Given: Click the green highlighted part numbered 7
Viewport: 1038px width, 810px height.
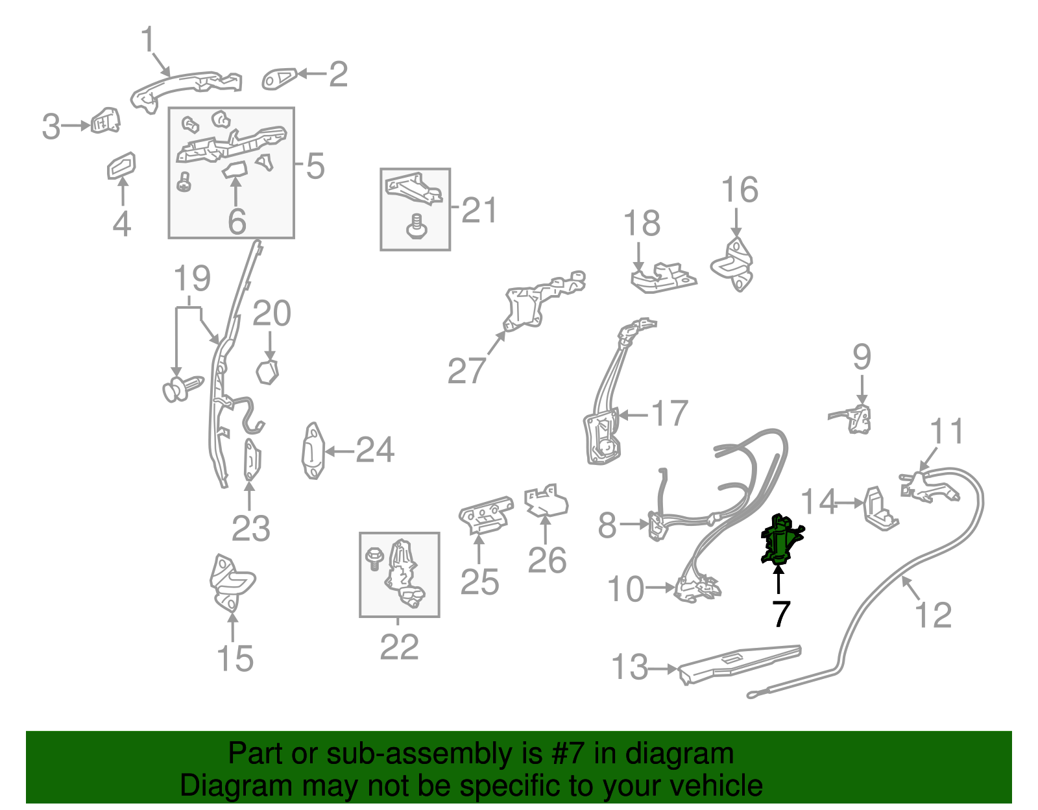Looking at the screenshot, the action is point(781,540).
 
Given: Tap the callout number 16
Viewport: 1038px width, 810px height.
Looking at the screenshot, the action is point(740,189).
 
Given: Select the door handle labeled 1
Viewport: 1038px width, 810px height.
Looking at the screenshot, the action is point(186,91).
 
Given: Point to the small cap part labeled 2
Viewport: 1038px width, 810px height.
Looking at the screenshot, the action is point(279,78).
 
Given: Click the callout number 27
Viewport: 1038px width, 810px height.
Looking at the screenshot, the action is point(466,371).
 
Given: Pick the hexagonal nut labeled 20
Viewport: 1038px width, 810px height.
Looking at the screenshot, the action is point(267,372).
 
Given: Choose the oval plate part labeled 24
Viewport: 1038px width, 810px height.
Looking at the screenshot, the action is point(313,451).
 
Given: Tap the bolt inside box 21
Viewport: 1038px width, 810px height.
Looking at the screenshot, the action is point(416,227).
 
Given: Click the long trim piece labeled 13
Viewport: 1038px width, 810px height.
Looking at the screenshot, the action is point(739,665).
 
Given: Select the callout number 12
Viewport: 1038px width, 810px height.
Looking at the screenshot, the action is point(933,615).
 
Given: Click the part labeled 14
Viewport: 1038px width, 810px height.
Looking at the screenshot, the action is point(880,509).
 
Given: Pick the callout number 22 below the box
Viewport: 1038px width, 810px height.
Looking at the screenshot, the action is point(400,647).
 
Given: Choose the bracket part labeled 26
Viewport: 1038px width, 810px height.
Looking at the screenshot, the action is point(546,501).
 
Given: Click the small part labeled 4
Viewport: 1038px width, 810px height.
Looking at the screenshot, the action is point(121,165).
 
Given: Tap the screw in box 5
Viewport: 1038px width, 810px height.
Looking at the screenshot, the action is point(184,182).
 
